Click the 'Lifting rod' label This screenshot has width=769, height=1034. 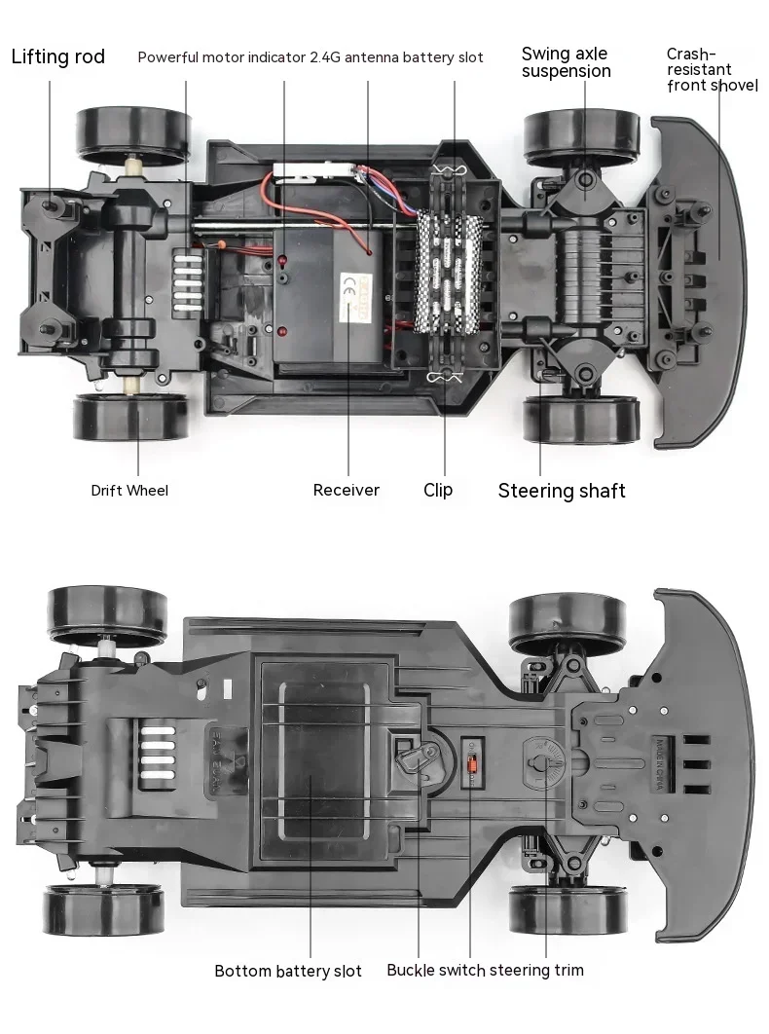[57, 56]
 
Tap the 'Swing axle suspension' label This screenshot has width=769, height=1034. [566, 62]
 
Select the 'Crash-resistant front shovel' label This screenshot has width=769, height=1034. [712, 70]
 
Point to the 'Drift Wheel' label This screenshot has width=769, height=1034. [129, 490]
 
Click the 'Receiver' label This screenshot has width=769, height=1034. [346, 490]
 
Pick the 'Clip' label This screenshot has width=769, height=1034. [438, 490]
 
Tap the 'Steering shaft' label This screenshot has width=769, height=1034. [562, 491]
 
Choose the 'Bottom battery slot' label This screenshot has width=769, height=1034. [287, 971]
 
